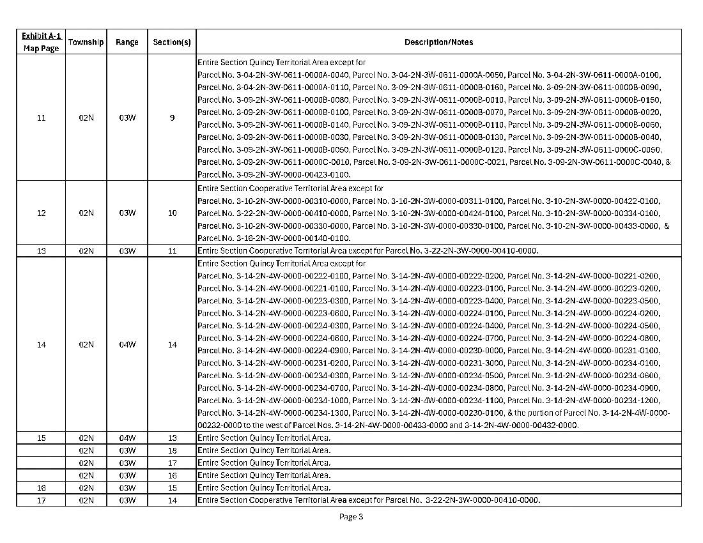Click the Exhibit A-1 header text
41,36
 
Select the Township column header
86,42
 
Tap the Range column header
127,42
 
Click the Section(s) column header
172,42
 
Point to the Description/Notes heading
438,42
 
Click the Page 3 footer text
351,517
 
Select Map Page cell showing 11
41,118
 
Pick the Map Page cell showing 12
41,213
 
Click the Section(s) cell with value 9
172,118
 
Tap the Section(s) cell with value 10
172,213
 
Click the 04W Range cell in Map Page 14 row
127,345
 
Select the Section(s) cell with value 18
172,450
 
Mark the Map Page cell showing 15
41,438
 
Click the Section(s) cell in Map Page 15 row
172,438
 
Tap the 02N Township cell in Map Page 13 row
86,250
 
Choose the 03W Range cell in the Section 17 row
127,463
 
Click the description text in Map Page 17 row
369,500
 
